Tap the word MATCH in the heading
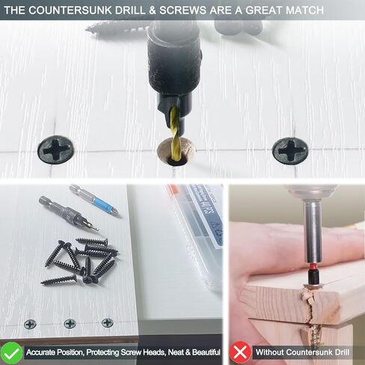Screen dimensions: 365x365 click(x=304, y=10)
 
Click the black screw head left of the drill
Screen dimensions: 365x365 click(x=56, y=150)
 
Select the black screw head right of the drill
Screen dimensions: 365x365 click(x=290, y=150)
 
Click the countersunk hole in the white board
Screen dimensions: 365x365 click(x=177, y=153)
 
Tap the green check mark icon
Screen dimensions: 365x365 click(x=11, y=353)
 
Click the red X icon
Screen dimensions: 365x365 click(x=240, y=352)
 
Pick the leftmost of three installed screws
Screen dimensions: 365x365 click(x=30, y=325)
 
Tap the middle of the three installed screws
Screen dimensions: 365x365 click(x=70, y=323)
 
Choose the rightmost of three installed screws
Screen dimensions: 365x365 click(x=108, y=322)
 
